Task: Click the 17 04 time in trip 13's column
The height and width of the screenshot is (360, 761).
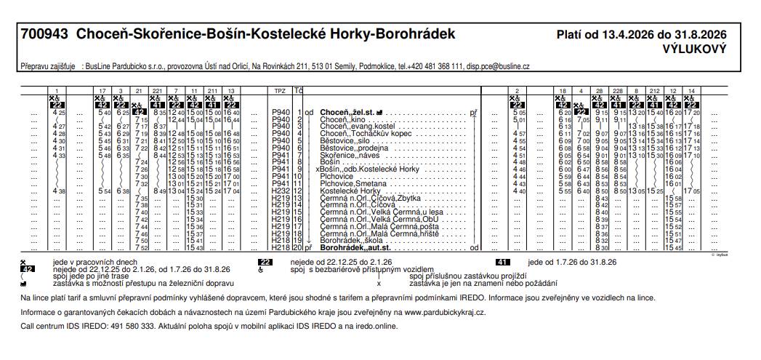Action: click(x=232, y=191)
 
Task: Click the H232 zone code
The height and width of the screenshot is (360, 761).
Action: click(x=281, y=191)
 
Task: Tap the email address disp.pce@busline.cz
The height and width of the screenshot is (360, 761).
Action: click(x=498, y=65)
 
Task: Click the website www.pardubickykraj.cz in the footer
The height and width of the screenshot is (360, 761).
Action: click(x=445, y=311)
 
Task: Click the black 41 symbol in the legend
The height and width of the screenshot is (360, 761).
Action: click(x=502, y=262)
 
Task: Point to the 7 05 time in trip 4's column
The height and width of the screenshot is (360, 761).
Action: click(x=581, y=120)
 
